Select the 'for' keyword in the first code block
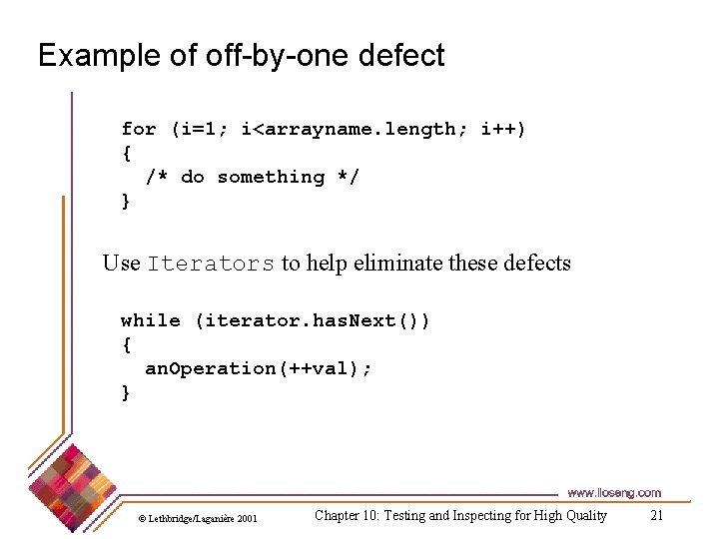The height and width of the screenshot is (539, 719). tap(139, 129)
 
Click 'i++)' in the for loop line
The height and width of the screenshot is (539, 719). tap(503, 129)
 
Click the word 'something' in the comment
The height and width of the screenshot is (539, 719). tap(271, 177)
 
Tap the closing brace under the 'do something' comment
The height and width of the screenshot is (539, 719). tap(126, 201)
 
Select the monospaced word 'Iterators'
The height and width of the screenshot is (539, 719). tap(211, 265)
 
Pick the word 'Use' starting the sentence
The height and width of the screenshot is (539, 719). tap(122, 264)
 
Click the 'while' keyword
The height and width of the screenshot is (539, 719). tap(151, 320)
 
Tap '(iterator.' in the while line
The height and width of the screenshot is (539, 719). tap(253, 320)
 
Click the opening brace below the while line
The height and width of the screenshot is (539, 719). tap(126, 344)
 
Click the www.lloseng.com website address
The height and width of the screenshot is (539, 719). tap(613, 493)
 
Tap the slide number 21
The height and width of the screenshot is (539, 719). tap(656, 515)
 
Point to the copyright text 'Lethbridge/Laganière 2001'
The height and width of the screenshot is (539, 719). tap(203, 518)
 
